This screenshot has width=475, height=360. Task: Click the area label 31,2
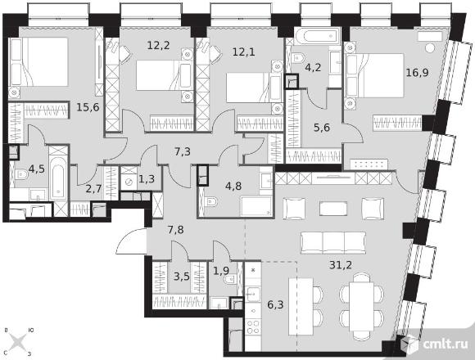pos(341,265)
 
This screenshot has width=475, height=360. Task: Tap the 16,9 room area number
pos(417,73)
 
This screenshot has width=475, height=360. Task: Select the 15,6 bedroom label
pos(88,107)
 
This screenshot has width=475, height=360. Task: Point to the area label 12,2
pos(158,45)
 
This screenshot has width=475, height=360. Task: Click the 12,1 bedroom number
pos(243,52)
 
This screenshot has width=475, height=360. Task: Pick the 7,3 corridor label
pos(183,151)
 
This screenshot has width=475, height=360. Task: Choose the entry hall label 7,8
pos(176,230)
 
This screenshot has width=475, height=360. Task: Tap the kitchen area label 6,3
pos(275,304)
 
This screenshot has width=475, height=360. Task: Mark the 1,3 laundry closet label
pos(147,179)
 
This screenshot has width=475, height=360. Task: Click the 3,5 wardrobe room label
pos(182,277)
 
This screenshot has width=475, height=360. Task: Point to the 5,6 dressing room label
pos(322,128)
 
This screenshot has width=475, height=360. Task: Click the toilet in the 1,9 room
pos(229,279)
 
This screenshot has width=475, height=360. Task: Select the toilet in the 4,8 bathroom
pos(210,201)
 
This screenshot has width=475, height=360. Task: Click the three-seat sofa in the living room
pos(333,243)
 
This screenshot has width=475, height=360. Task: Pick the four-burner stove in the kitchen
pos(254,326)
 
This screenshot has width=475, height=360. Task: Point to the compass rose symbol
pos(19,342)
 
